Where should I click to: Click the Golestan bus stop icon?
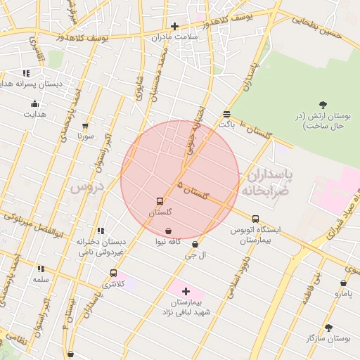coord(160,201)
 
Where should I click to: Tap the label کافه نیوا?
coord(169,241)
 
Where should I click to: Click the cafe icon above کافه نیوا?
coord(168,231)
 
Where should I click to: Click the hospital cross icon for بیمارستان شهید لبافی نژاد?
coord(186,290)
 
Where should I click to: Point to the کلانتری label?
coord(114,284)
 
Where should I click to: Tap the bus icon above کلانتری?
coord(113,273)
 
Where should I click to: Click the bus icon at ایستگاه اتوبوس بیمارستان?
coord(255,219)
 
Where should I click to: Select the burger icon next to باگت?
coord(226,114)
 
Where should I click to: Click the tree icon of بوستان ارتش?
coord(323,105)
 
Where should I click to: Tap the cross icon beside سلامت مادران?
coord(174,26)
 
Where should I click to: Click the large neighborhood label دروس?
coord(86,187)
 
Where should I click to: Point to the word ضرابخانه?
coord(266,190)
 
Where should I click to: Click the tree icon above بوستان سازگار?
coord(328,327)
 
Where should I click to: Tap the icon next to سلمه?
coord(41,269)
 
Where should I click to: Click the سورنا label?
coord(85,135)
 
